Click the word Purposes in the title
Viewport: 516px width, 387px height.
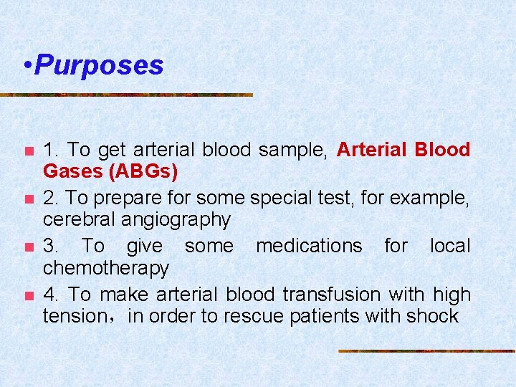99,65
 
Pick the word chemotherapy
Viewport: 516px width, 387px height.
106,268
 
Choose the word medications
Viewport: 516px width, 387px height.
309,246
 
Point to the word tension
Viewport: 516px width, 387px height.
74,316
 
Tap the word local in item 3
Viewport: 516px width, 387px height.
450,246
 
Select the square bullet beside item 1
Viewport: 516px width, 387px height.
28,151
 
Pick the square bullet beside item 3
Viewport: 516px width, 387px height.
28,247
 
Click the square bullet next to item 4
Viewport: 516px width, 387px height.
28,296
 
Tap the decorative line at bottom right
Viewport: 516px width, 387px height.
426,351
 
